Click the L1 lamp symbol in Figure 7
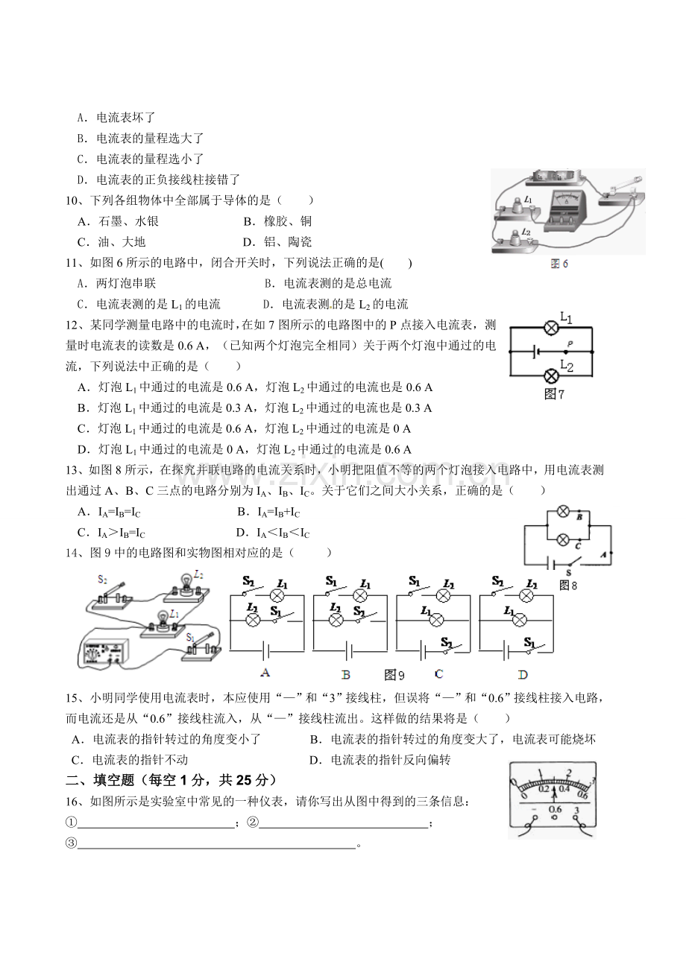[x=551, y=328]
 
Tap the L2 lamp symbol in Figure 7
[x=551, y=376]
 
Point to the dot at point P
[x=565, y=352]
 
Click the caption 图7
[x=554, y=394]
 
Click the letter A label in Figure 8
[x=602, y=554]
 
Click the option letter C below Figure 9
[x=438, y=673]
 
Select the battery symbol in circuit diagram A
[x=265, y=650]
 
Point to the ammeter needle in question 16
[x=554, y=796]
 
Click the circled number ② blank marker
[x=252, y=822]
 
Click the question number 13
[x=72, y=470]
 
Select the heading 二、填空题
[x=100, y=780]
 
